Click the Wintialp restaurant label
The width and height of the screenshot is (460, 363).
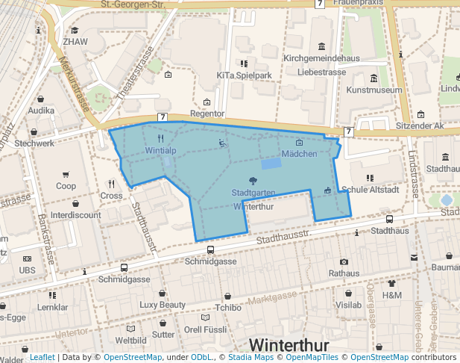pyautogui.click(x=160, y=150)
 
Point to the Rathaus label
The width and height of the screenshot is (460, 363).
pyautogui.click(x=344, y=273)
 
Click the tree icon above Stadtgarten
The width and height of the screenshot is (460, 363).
pyautogui.click(x=253, y=181)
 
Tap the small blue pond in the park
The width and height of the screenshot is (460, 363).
pyautogui.click(x=271, y=163)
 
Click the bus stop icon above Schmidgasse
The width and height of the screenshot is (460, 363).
pyautogui.click(x=211, y=250)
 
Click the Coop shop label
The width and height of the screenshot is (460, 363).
pyautogui.click(x=66, y=186)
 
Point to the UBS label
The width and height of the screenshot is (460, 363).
pyautogui.click(x=28, y=270)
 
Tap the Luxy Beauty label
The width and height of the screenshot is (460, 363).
pyautogui.click(x=163, y=305)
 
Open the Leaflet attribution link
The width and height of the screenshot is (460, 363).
pyautogui.click(x=42, y=358)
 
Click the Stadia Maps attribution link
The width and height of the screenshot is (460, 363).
pyautogui.click(x=250, y=358)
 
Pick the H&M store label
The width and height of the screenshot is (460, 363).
pyautogui.click(x=391, y=295)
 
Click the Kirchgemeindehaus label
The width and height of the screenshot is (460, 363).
pyautogui.click(x=321, y=58)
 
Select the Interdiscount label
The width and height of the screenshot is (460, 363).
pyautogui.click(x=76, y=215)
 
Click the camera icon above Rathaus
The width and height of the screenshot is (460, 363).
pyautogui.click(x=344, y=261)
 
